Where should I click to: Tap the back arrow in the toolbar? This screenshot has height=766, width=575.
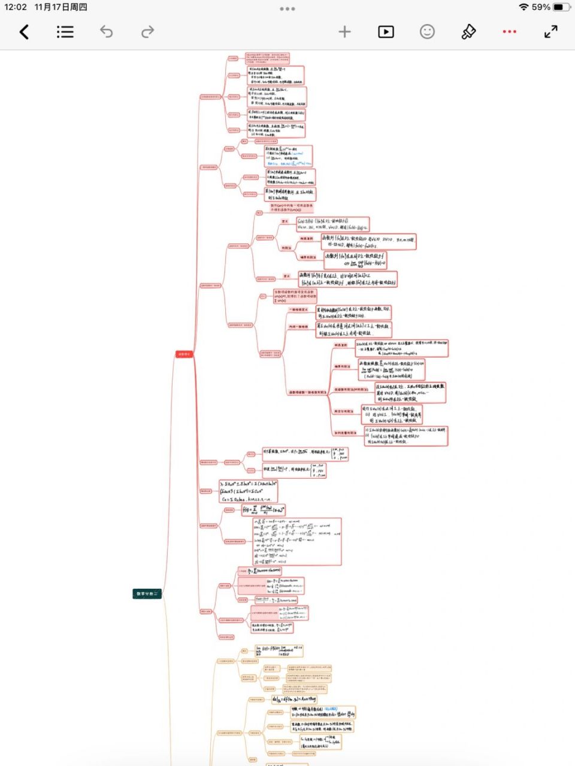click(x=24, y=32)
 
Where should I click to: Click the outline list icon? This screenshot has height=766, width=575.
click(x=65, y=32)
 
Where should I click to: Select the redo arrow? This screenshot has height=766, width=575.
click(x=147, y=32)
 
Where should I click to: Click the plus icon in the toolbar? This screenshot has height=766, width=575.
click(x=344, y=32)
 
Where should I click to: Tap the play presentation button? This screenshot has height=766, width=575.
click(x=386, y=32)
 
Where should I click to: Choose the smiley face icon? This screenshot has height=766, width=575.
click(x=427, y=32)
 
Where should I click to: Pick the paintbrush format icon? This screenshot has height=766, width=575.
click(x=468, y=32)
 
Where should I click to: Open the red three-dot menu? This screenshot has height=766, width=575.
click(x=509, y=32)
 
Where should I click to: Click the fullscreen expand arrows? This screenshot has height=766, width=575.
click(x=551, y=32)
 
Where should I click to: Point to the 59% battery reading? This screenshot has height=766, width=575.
click(x=541, y=7)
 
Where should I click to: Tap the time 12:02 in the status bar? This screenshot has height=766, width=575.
click(x=16, y=7)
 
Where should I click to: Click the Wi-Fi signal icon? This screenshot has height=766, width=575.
click(x=523, y=7)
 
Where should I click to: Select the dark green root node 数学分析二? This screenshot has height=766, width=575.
click(x=147, y=594)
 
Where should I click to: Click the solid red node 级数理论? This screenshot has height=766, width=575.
click(x=184, y=354)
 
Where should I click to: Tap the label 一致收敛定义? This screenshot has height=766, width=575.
click(x=298, y=310)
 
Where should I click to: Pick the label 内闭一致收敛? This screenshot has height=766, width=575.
click(x=298, y=327)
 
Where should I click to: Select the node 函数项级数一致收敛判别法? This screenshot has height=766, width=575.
click(x=307, y=393)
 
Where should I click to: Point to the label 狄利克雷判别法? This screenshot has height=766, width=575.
click(x=346, y=433)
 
